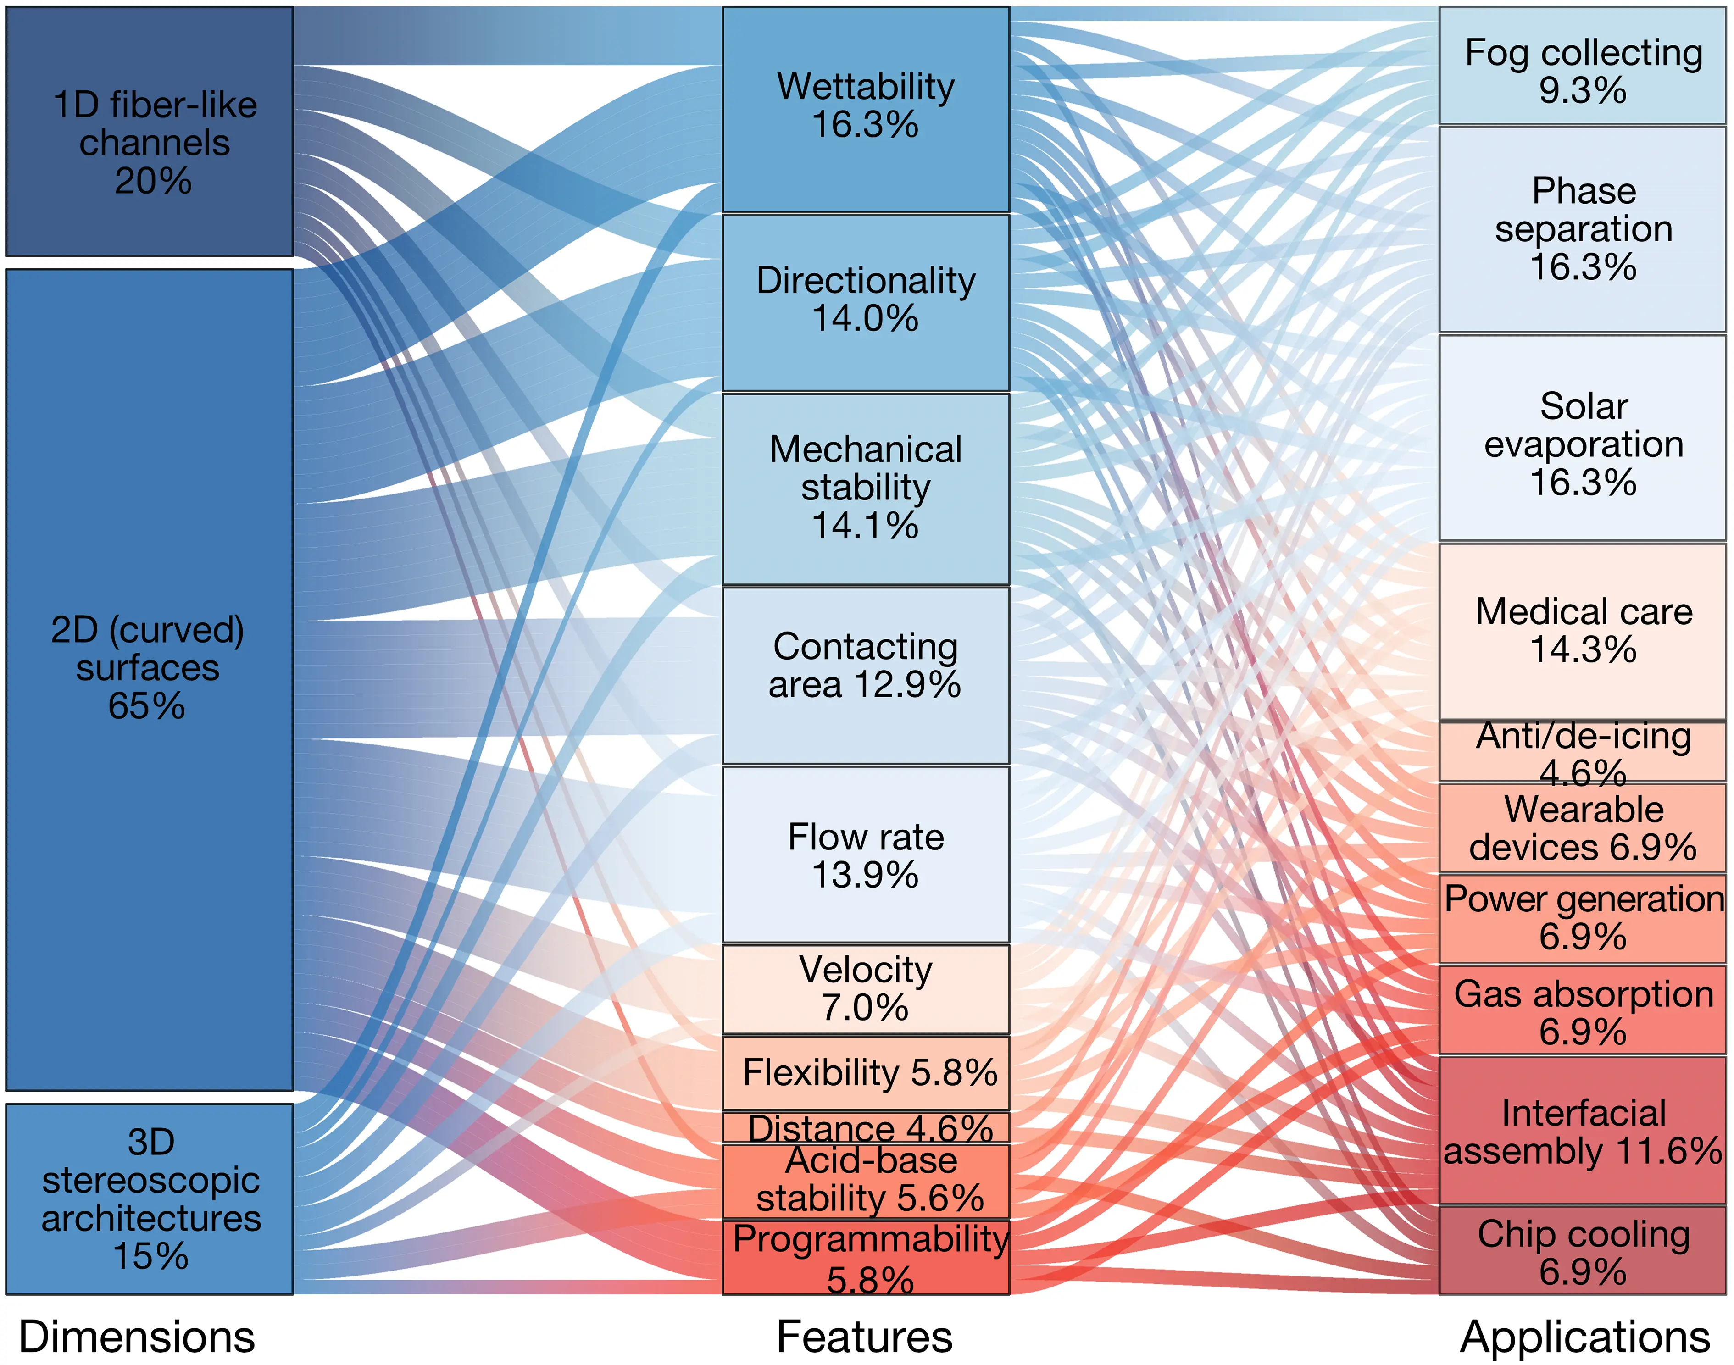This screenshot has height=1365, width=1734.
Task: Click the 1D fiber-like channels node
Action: tap(150, 132)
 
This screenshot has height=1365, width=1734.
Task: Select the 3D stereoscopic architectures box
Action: tap(150, 1199)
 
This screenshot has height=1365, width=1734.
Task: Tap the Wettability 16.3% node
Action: tap(866, 110)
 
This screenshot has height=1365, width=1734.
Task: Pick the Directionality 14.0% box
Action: tap(866, 302)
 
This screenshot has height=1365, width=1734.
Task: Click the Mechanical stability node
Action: tap(866, 488)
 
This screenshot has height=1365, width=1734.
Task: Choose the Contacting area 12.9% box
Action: tap(866, 675)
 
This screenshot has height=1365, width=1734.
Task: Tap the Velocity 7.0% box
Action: tap(866, 988)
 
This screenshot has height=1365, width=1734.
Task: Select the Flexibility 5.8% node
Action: tap(866, 1072)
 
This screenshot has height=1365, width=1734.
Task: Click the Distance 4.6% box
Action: tap(866, 1127)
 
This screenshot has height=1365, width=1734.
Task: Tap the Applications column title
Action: tap(1584, 1336)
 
